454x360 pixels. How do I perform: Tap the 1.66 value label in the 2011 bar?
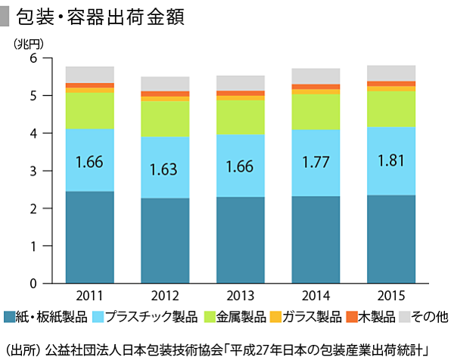[89, 160]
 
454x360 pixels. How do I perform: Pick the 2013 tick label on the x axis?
[240, 295]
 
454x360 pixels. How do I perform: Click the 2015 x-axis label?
[390, 295]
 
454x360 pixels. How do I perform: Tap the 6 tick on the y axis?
[33, 58]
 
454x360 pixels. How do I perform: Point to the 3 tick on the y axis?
[33, 171]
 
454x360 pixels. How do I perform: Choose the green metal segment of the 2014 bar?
[316, 112]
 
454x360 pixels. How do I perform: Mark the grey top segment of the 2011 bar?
[90, 74]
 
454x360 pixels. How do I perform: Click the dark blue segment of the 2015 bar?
[390, 239]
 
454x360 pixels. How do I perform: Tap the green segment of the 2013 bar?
[240, 117]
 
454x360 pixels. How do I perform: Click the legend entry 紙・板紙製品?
[45, 315]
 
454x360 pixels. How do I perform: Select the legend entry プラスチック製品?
[145, 315]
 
